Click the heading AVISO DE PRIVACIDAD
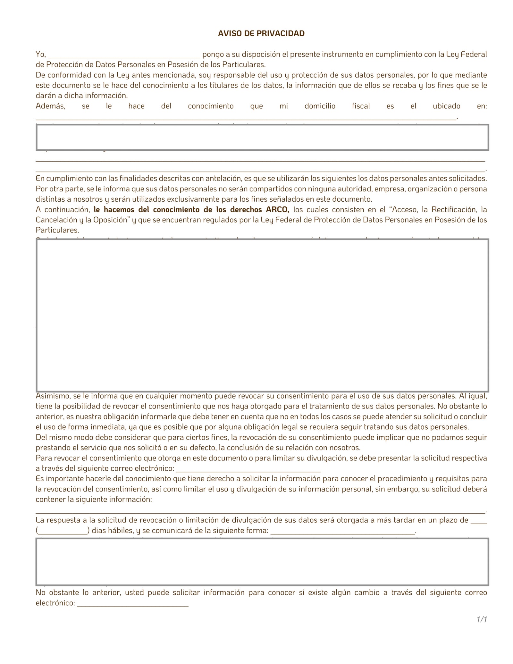tap(261, 33)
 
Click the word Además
tap(50, 106)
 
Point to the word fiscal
tap(361, 106)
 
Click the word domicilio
tap(320, 106)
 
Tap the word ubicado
tap(446, 106)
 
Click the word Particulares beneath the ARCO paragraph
tap(57, 230)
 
